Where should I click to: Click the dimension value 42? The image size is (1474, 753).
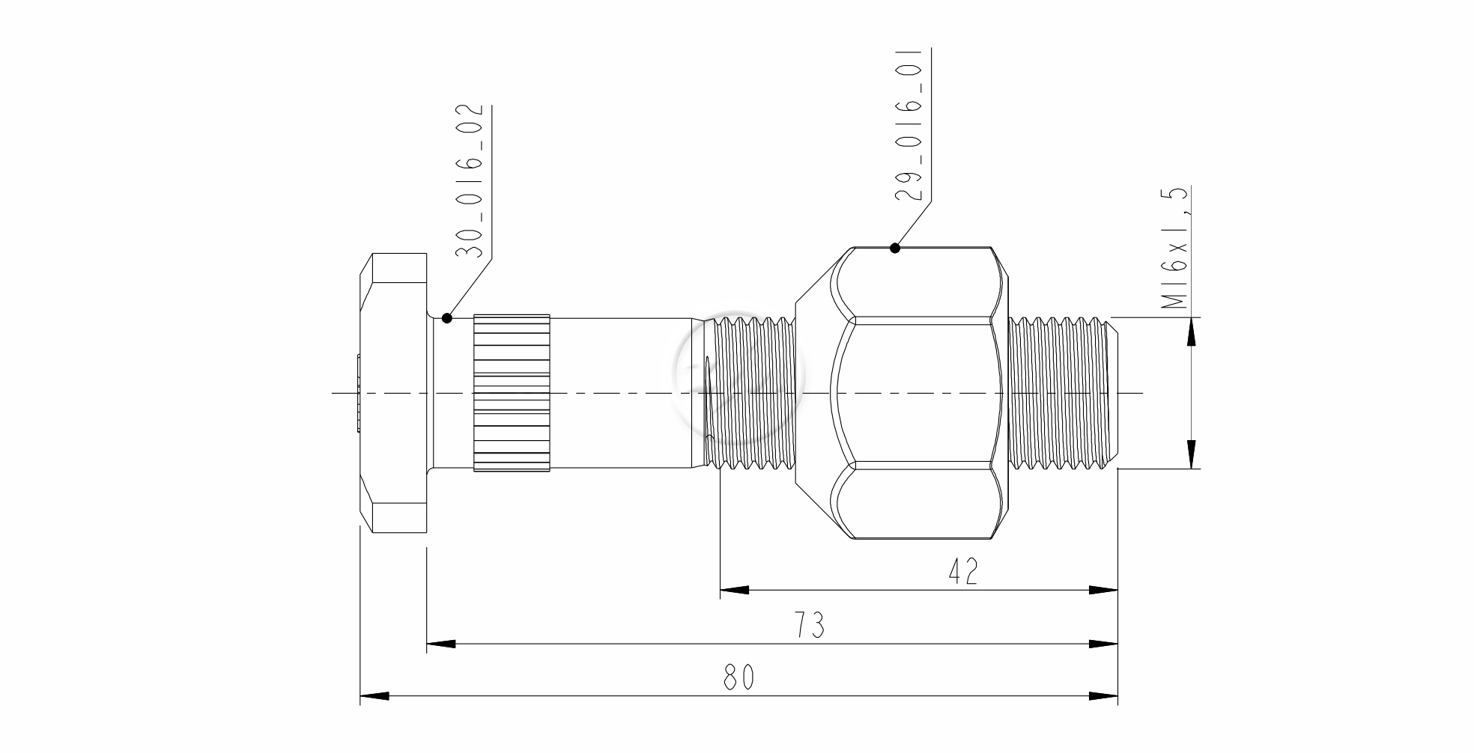tap(963, 572)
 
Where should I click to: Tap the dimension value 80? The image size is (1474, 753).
tap(739, 677)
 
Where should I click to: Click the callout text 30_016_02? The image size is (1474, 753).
tap(469, 181)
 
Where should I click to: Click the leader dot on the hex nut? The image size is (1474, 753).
tap(894, 248)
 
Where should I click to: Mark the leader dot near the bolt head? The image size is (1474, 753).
tap(447, 317)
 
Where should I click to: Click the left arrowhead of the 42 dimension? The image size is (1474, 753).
tap(734, 591)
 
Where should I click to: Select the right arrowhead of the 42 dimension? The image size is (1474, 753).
tap(1103, 591)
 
